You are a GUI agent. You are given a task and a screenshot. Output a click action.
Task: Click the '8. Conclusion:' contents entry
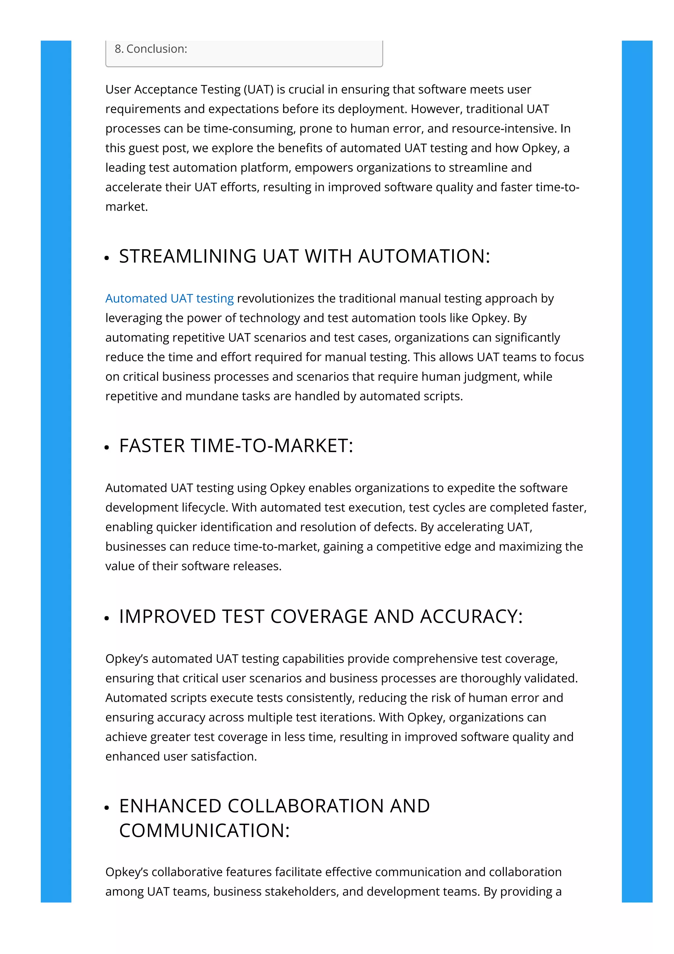click(151, 49)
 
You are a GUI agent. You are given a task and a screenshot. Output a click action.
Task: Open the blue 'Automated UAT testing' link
click(169, 298)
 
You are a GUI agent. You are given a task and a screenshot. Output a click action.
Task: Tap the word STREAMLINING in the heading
click(188, 256)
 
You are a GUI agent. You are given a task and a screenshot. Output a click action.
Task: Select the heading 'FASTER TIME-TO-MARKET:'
click(236, 445)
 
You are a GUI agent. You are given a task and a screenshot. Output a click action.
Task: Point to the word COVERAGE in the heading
click(319, 616)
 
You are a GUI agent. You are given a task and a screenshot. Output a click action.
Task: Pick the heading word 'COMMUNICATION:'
click(204, 831)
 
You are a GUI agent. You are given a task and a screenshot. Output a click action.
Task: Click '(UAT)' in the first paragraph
click(258, 89)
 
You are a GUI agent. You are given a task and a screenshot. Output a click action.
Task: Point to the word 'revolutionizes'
click(275, 298)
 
